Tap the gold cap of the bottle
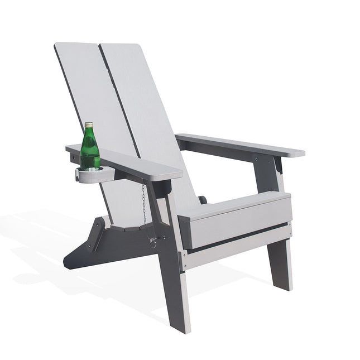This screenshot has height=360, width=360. pyautogui.click(x=88, y=124)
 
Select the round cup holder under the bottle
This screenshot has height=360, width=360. pyautogui.click(x=92, y=176)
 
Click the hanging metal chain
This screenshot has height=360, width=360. pyautogui.click(x=144, y=204)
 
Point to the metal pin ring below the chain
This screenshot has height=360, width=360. pyautogui.click(x=152, y=241)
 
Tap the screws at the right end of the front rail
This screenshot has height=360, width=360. pyautogui.click(x=289, y=227)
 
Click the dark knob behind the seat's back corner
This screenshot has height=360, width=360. pyautogui.click(x=203, y=199)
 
